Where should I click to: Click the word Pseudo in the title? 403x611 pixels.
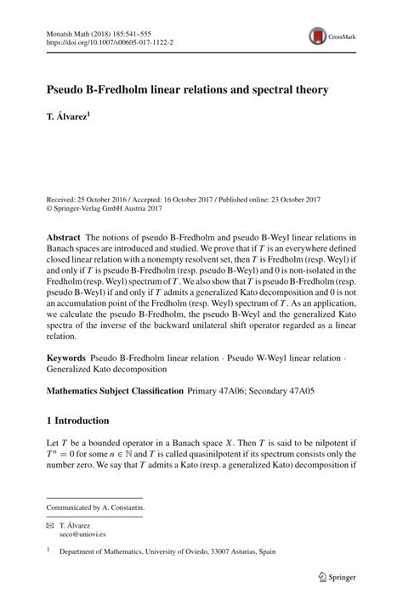pyautogui.click(x=68, y=88)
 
